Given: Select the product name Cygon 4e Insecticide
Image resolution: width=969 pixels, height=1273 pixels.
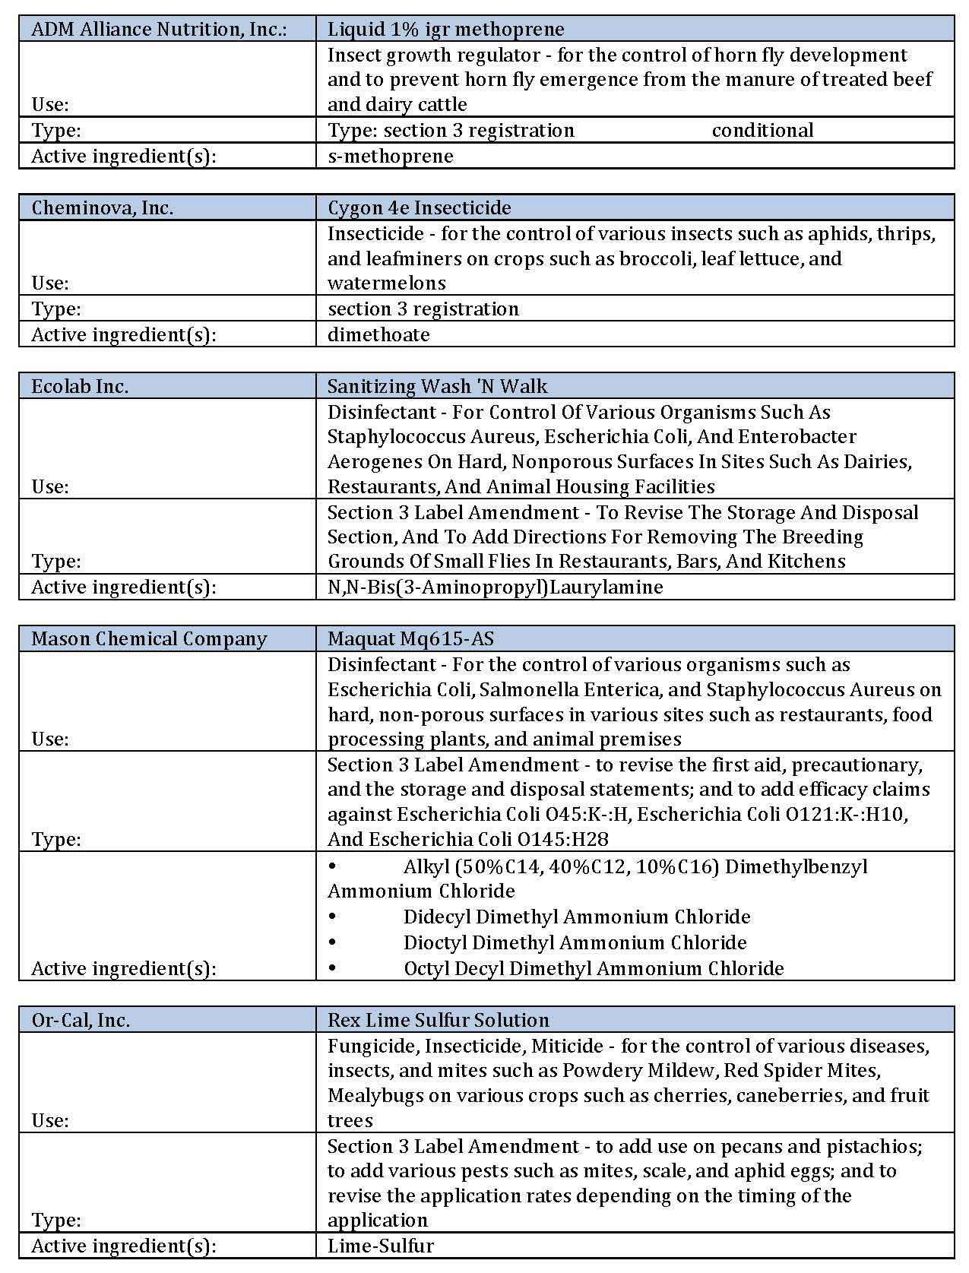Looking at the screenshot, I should coord(419,207).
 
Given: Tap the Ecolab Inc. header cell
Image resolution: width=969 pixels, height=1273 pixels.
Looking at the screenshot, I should coord(80,386).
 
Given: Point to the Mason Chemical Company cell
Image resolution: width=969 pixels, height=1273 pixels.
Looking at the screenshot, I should coord(149,638).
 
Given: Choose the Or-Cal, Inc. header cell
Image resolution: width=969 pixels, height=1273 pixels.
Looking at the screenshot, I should coord(81,1020).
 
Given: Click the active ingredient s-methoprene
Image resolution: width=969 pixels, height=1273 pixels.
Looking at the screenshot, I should coord(390,156).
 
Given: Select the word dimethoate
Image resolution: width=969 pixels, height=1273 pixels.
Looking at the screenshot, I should coord(378,334).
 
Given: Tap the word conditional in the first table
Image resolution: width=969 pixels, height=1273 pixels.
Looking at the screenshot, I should coord(762,131).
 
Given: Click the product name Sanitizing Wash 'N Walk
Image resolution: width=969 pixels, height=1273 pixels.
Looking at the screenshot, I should coord(437,386).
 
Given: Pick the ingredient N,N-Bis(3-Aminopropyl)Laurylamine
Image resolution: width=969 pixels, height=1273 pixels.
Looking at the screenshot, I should coord(495,587).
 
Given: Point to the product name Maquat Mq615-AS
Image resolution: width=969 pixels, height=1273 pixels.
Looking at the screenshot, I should coord(410,638).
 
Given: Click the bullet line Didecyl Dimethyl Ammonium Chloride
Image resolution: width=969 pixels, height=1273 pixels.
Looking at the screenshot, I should coord(576,917).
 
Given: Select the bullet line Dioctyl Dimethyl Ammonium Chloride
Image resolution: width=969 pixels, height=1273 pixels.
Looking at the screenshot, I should coord(575,942).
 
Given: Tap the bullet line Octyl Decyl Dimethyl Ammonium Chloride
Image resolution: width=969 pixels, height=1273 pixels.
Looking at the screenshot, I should coord(593,968).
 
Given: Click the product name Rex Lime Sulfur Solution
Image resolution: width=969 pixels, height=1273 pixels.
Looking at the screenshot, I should coord(438,1020).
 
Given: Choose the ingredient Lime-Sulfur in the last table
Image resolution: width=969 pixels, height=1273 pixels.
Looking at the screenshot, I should coord(380,1246).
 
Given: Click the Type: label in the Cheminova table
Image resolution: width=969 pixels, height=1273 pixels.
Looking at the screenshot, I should coord(56,309).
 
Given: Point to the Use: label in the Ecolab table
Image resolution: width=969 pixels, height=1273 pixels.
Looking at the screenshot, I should coord(50,486).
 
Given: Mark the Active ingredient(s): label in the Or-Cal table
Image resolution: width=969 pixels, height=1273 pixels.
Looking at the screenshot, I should coord(123,1246).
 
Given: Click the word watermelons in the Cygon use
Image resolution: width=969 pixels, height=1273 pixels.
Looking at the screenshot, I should coord(387,283).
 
